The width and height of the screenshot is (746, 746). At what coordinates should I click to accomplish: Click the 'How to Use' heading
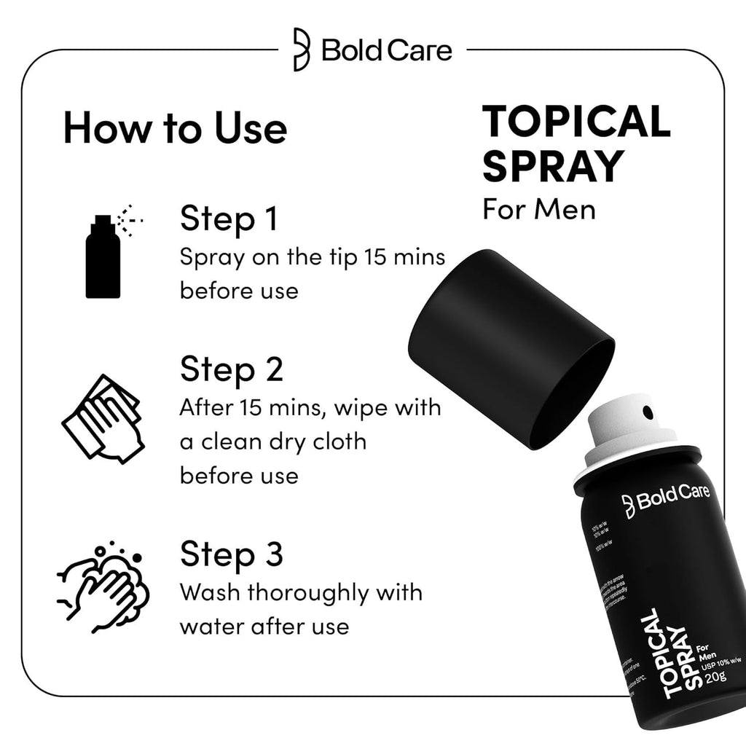pos(175,128)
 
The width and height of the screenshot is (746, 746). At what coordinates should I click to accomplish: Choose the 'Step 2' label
pos(232,369)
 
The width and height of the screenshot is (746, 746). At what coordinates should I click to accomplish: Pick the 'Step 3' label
pos(232,554)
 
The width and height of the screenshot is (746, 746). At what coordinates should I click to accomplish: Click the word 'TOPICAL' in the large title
pos(576,122)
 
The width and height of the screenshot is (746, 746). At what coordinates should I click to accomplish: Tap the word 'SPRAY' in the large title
pos(554,166)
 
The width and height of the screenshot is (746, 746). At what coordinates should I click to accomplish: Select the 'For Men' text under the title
pos(539,209)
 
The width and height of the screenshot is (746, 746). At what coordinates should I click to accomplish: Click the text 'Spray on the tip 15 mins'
pos(313,259)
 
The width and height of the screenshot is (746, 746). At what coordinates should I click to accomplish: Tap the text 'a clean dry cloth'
pos(273,441)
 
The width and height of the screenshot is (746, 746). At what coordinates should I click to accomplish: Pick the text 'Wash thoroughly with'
pos(301,592)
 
